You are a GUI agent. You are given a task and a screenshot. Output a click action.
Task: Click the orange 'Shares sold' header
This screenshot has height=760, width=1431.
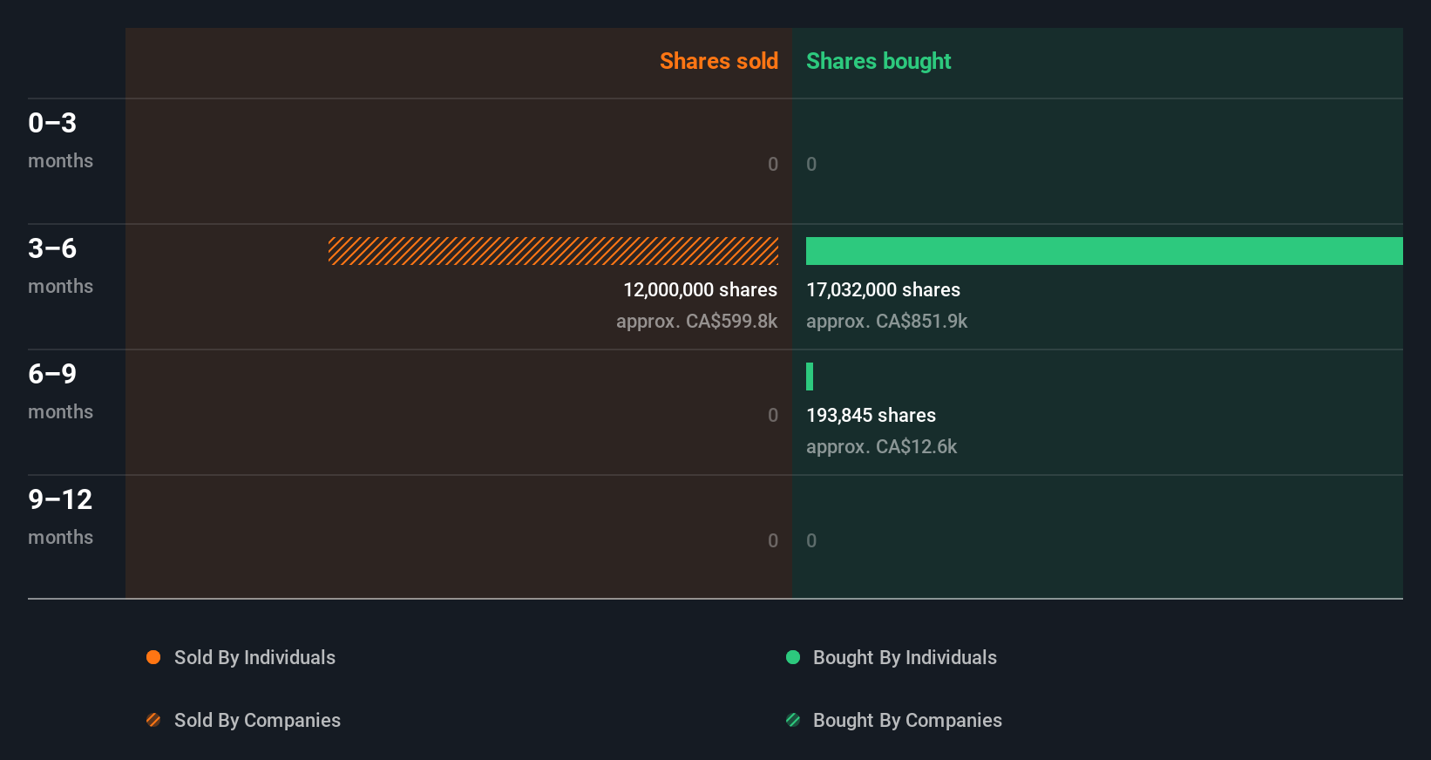coord(718,61)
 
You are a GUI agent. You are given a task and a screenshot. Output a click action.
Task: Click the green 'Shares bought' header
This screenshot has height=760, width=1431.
coord(878,61)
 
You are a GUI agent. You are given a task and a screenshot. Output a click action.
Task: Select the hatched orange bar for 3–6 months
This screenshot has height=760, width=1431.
coord(553,251)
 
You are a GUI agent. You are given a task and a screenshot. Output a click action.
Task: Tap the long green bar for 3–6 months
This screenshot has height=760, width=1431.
coord(1104,251)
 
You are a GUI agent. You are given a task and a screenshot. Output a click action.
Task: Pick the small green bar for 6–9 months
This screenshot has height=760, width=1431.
coord(810,377)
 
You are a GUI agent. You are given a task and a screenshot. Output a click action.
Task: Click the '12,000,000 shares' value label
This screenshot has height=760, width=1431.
coord(700,290)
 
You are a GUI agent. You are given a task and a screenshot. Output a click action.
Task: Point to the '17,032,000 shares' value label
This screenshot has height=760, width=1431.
coord(883,290)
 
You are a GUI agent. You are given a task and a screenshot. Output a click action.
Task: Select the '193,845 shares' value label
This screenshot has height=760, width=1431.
coord(871,416)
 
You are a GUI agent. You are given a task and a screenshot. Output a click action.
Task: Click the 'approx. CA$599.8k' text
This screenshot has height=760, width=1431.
coord(696,322)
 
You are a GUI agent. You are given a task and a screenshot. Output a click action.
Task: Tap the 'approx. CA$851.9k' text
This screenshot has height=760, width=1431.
coord(886,322)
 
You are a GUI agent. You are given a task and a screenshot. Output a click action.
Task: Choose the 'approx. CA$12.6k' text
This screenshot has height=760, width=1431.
coord(881,447)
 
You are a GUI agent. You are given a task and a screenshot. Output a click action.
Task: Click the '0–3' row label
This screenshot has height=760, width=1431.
coord(52,123)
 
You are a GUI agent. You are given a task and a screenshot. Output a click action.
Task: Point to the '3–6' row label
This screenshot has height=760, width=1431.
coord(52,248)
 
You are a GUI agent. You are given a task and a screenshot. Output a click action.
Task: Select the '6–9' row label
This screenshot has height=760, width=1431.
coord(52,374)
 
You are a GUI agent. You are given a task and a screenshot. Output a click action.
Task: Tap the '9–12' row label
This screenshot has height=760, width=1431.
coord(60,499)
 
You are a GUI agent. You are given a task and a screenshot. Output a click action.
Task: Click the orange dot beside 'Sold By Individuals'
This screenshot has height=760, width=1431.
coord(153,657)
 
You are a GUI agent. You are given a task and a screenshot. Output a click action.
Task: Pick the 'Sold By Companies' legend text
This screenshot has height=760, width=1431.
coord(257,720)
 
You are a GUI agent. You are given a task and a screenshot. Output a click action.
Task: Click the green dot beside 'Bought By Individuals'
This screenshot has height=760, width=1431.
coord(793,657)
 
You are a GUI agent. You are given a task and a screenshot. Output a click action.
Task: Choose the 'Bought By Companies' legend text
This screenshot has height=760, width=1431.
coord(907,720)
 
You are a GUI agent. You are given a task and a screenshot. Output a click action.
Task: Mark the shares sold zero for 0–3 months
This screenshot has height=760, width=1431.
coord(773,164)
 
